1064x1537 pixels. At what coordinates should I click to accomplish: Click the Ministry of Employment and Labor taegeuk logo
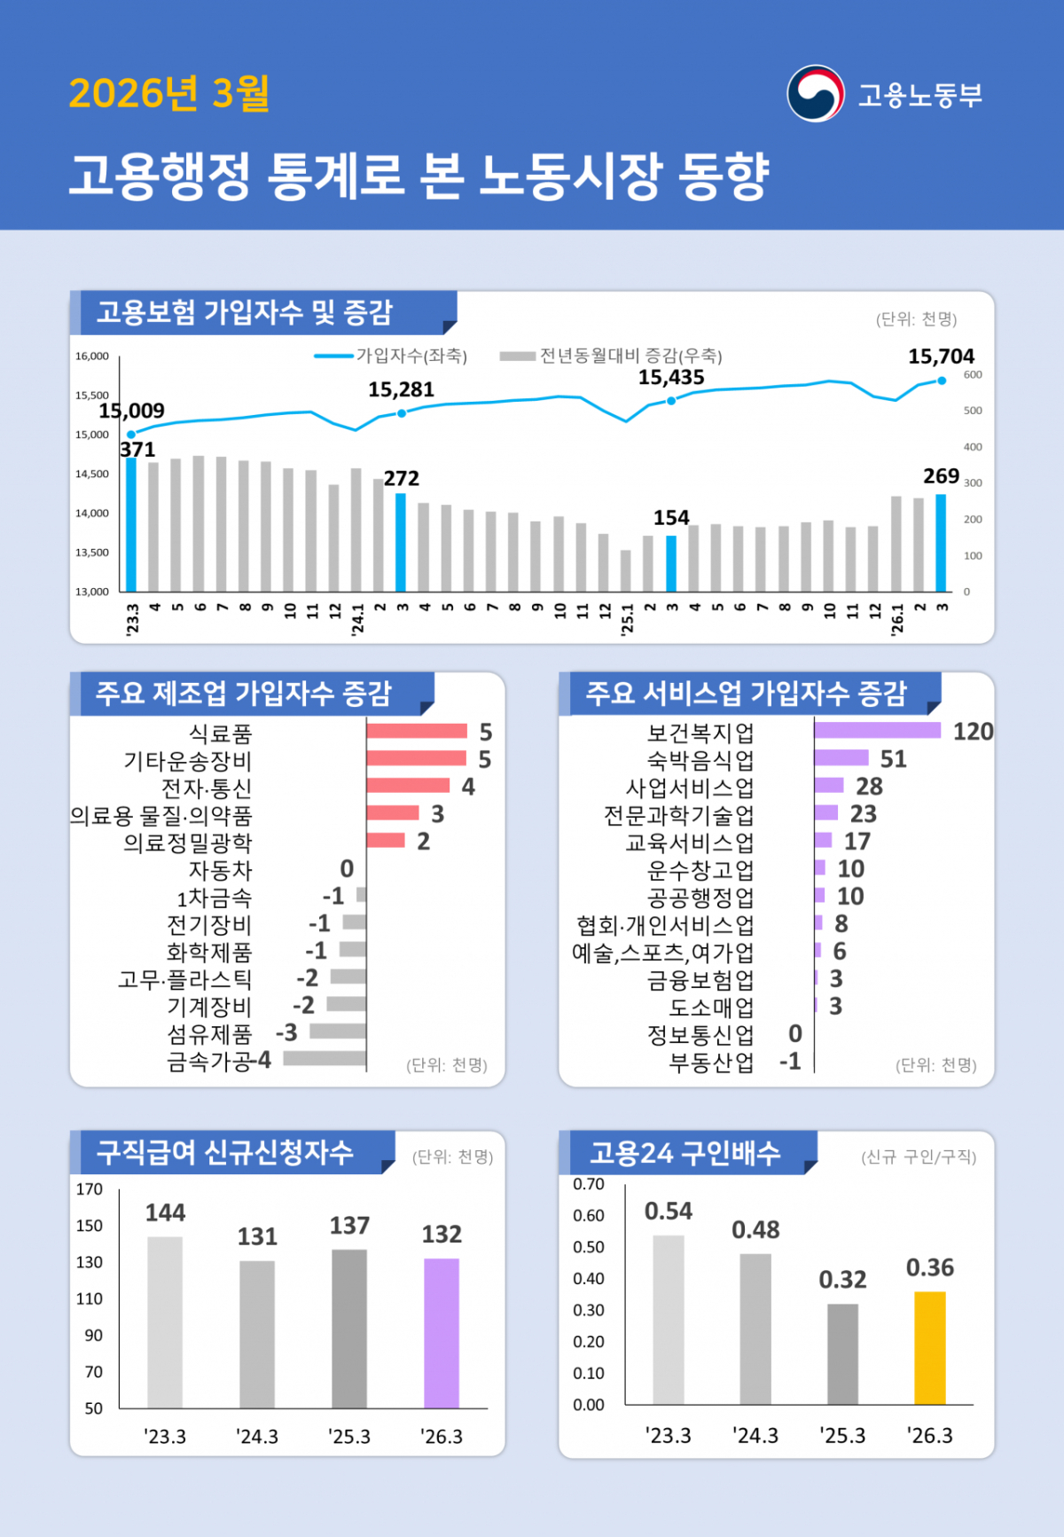(815, 93)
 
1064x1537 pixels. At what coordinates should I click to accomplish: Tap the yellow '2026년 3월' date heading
(168, 93)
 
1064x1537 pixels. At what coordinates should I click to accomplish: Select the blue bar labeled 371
(131, 523)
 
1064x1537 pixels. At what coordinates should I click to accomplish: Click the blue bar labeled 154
(671, 563)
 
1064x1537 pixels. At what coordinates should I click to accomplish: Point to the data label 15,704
(941, 357)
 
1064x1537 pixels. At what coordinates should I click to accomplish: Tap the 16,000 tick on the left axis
(92, 356)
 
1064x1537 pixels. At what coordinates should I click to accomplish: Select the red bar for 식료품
(417, 731)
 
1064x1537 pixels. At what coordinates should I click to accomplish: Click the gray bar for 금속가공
(325, 1058)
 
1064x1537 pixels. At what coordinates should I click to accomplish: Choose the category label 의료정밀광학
(188, 843)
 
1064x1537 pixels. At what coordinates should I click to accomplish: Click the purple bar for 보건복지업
(877, 730)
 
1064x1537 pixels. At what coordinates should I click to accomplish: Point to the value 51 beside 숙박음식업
(893, 759)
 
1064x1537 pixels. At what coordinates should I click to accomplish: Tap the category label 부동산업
(711, 1063)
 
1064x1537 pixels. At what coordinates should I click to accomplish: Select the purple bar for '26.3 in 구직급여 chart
(442, 1332)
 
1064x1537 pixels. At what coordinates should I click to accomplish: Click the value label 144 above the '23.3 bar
(165, 1212)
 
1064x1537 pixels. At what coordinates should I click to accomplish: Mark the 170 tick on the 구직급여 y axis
(90, 1189)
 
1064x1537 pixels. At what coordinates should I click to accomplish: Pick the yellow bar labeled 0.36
(929, 1347)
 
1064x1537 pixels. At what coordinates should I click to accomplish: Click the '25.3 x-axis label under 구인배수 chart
(842, 1435)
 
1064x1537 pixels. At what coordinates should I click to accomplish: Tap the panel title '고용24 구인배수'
(685, 1152)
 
